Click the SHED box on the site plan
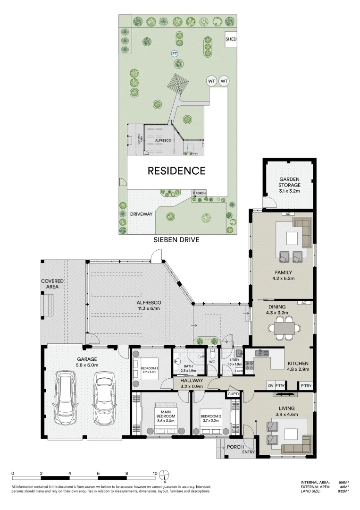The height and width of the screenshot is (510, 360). [x=231, y=39]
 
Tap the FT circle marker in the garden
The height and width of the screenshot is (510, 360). [x=175, y=53]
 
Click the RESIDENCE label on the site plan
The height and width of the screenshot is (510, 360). [x=176, y=171]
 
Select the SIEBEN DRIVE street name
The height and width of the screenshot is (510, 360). [x=176, y=240]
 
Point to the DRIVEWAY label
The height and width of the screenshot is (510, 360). [x=142, y=214]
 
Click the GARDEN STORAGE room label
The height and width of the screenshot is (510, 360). [x=289, y=182]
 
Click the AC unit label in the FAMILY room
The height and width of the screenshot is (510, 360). [x=287, y=214]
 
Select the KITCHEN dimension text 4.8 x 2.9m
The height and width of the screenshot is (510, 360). [x=298, y=370]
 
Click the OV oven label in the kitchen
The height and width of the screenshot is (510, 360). [x=270, y=386]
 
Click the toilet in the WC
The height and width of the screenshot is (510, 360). [x=213, y=354]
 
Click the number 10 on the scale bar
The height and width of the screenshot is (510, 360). [x=155, y=473]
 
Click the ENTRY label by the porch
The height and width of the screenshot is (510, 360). [x=248, y=452]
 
